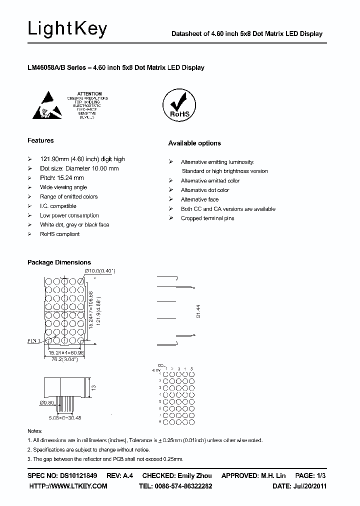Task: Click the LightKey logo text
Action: (x=67, y=29)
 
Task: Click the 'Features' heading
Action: (x=40, y=140)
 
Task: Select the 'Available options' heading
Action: (x=194, y=143)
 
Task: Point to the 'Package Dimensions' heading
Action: (x=59, y=262)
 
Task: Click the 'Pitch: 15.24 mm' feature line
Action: (x=61, y=178)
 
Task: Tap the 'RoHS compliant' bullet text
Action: (x=60, y=234)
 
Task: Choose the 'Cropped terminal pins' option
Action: (x=207, y=218)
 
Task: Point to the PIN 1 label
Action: (x=35, y=340)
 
